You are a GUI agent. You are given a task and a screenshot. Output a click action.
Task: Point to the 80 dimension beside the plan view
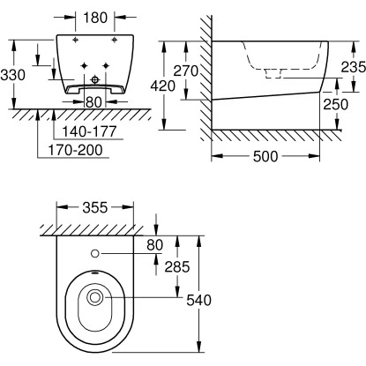click(x=155, y=244)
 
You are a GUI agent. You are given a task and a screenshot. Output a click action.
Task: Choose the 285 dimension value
click(x=156, y=265)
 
